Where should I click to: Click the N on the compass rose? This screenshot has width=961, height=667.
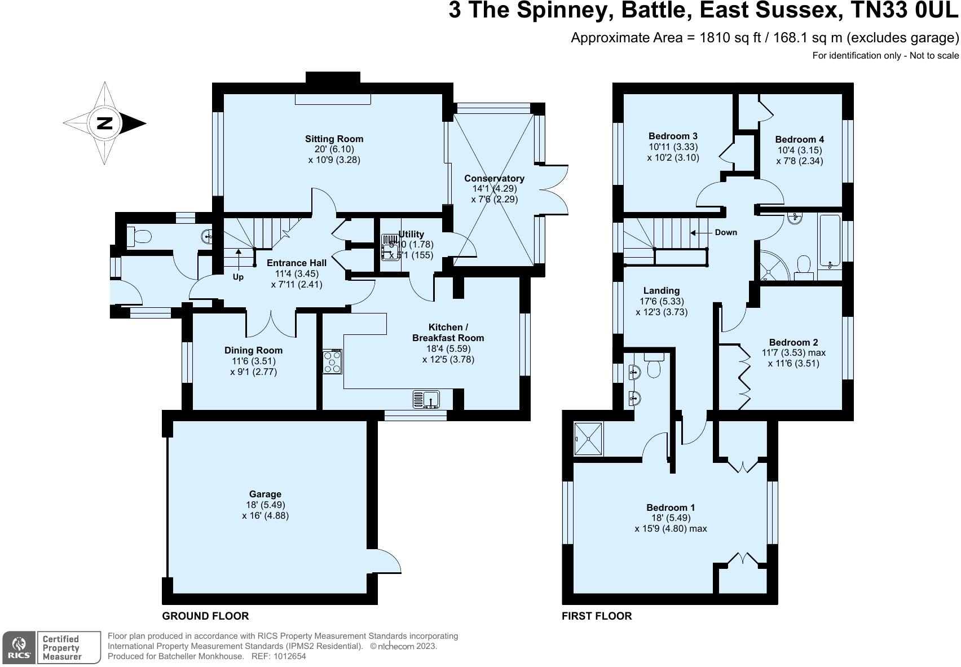tap(105, 123)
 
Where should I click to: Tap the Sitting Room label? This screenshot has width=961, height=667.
tap(334, 139)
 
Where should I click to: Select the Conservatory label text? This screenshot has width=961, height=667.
tap(494, 178)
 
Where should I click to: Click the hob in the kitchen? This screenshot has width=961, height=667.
tap(333, 361)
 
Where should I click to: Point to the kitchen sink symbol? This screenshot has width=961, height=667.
tap(426, 399)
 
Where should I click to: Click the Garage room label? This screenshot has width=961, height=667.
tap(265, 494)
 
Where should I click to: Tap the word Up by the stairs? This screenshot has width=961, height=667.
tap(238, 277)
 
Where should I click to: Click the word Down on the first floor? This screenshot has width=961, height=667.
tap(726, 232)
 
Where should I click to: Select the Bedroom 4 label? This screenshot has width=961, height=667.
tap(799, 139)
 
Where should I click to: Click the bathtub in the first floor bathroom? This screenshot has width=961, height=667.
tap(830, 241)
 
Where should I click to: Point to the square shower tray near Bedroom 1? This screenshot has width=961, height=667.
tap(588, 439)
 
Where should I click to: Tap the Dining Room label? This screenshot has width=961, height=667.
tap(254, 351)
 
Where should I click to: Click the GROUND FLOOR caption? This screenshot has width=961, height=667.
tap(205, 616)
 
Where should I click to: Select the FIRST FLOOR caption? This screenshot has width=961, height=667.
tap(597, 616)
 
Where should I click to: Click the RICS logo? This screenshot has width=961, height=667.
tap(19, 648)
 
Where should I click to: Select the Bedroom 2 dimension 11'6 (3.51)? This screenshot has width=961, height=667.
tap(794, 363)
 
